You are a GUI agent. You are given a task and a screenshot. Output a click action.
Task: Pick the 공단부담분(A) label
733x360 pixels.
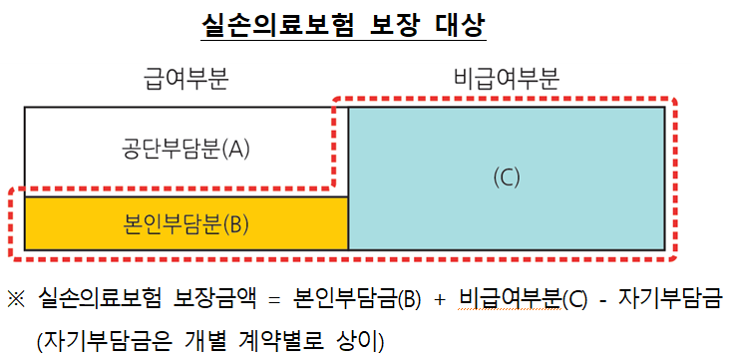click(x=185, y=150)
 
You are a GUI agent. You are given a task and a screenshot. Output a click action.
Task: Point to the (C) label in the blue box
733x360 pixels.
click(x=507, y=178)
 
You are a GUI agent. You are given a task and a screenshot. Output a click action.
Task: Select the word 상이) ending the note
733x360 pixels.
click(x=358, y=339)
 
